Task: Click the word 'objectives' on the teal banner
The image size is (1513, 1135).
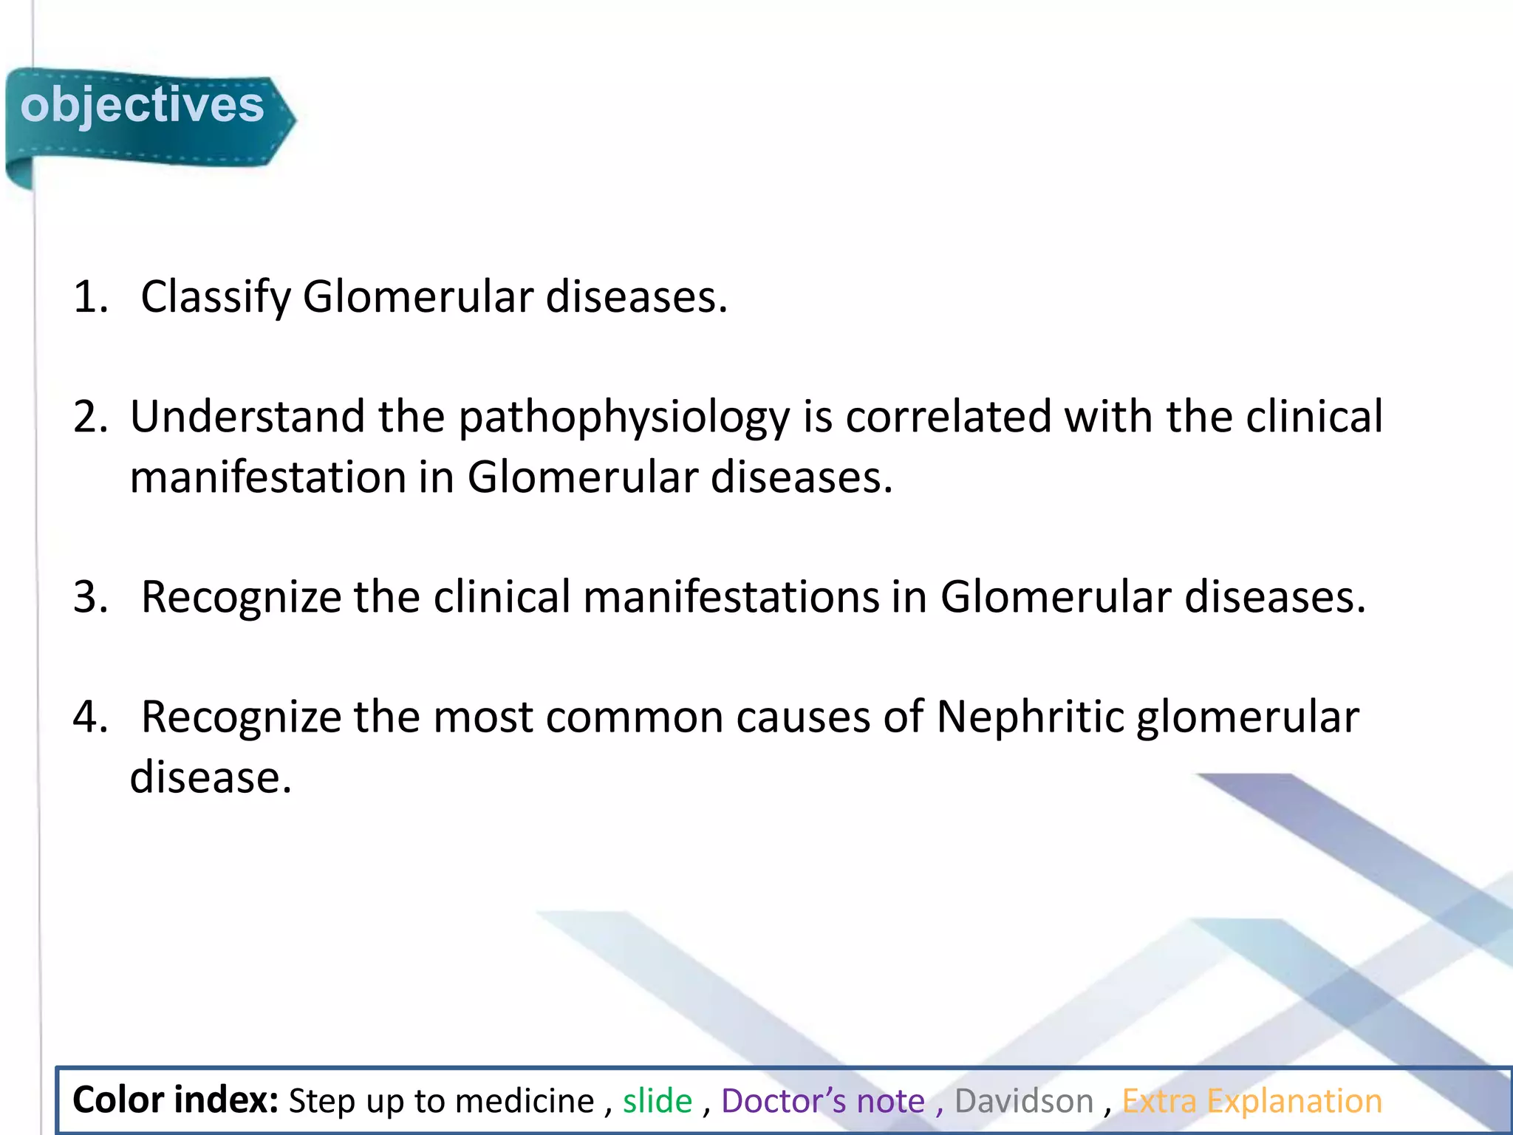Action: [x=142, y=105]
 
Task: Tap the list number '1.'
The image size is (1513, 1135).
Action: [x=90, y=297]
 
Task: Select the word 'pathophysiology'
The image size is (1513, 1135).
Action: [x=624, y=417]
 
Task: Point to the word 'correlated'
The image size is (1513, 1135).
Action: [x=948, y=417]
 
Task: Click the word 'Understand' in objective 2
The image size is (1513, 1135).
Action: [x=247, y=417]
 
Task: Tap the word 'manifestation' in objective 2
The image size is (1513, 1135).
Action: [x=267, y=477]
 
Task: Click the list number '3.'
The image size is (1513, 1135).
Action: [x=90, y=597]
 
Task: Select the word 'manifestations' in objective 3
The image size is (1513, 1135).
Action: [x=731, y=597]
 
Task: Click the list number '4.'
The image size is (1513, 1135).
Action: [x=90, y=717]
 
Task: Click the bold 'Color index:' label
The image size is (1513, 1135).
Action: [x=175, y=1100]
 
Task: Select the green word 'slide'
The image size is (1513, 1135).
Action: [x=658, y=1101]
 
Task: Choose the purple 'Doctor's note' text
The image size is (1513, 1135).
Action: [x=823, y=1101]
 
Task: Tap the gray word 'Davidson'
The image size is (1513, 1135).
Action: [x=1024, y=1101]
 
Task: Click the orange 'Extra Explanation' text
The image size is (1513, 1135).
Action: [x=1252, y=1101]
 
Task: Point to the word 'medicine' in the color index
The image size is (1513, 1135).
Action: [x=524, y=1101]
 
